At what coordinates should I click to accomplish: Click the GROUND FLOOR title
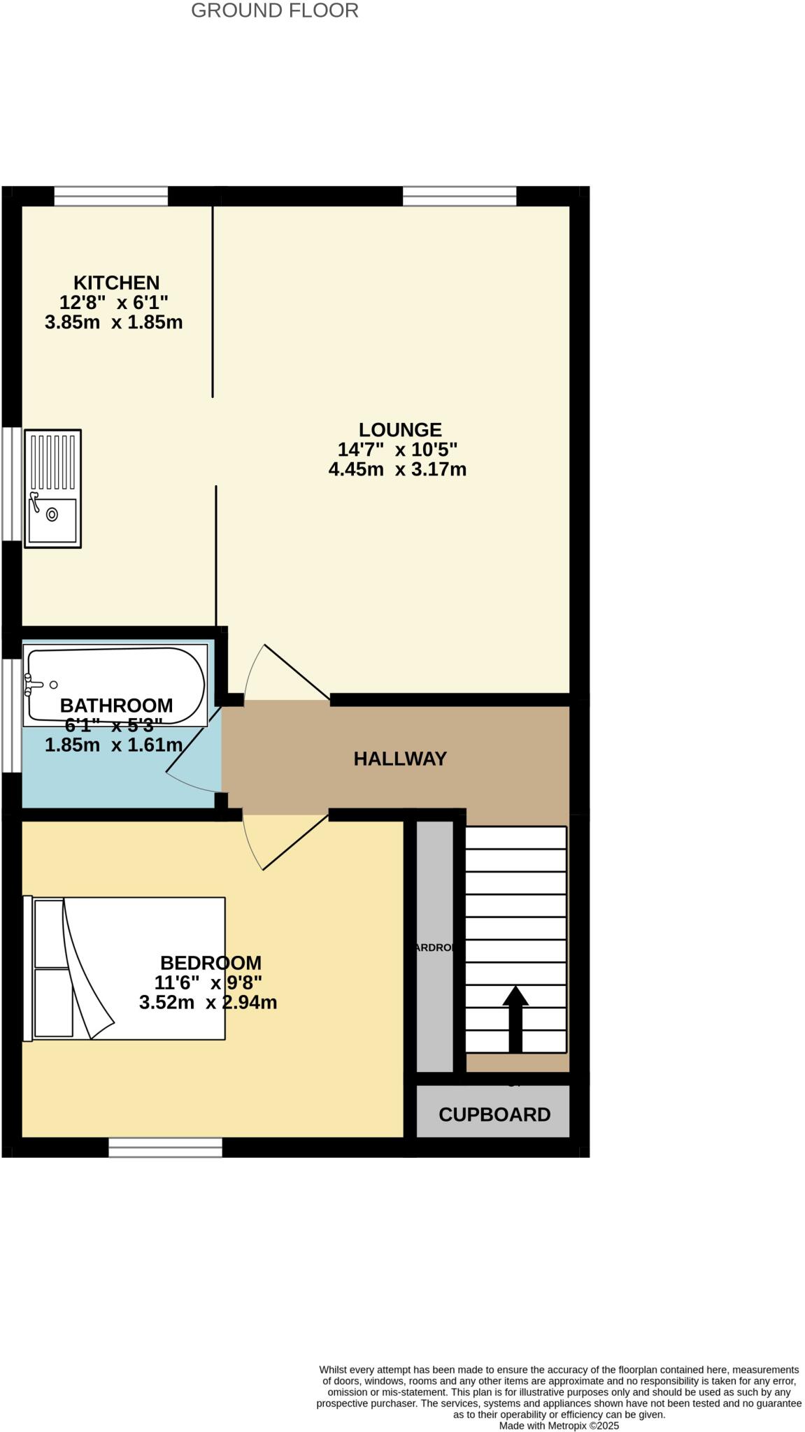click(274, 11)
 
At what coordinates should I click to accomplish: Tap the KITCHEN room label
click(116, 282)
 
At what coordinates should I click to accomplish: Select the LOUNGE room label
click(400, 429)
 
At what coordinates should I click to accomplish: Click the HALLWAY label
click(400, 759)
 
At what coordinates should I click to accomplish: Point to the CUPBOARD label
click(494, 1115)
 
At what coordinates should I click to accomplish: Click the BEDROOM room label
click(211, 963)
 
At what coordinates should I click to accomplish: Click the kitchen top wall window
click(111, 196)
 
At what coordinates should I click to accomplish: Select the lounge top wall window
click(460, 196)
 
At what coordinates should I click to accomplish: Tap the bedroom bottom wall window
click(165, 1147)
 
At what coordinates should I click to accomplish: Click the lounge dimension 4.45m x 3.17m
click(397, 469)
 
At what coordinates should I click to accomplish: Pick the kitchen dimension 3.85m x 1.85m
click(113, 322)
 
